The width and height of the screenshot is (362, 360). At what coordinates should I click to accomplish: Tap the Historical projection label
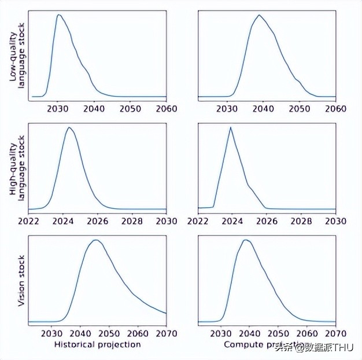97,344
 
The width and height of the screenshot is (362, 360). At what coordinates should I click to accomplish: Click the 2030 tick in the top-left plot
57,109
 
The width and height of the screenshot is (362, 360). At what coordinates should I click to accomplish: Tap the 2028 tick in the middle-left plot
132,221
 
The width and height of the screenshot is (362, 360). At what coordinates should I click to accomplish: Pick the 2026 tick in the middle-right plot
267,221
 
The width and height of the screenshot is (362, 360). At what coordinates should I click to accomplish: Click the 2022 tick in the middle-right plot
198,221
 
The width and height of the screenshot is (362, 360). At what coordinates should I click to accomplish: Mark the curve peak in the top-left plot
58,15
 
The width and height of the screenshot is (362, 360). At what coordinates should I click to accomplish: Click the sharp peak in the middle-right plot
230,127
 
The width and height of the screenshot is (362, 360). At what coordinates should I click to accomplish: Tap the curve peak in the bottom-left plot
96,240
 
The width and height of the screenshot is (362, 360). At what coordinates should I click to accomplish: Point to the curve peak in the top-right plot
259,15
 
